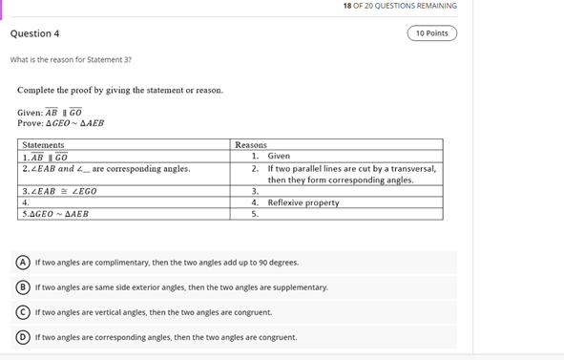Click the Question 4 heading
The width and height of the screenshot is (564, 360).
(x=34, y=33)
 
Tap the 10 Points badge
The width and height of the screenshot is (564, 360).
(x=431, y=33)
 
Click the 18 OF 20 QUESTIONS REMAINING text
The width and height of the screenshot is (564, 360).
(x=400, y=6)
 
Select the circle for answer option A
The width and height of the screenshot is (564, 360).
(x=22, y=262)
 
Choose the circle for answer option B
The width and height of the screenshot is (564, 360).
(x=22, y=286)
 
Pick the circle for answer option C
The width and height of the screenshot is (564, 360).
(x=22, y=312)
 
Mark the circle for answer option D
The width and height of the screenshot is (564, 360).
(x=22, y=337)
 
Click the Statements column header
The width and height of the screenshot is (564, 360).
(x=43, y=144)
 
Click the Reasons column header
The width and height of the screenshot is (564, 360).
(x=251, y=144)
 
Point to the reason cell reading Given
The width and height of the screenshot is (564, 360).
(x=279, y=156)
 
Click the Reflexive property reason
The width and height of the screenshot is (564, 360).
(x=303, y=202)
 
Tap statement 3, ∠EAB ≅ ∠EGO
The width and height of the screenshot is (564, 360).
(x=59, y=191)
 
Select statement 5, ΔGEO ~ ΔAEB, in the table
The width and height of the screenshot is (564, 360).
(x=55, y=214)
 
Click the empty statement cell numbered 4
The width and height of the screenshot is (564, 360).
(x=124, y=202)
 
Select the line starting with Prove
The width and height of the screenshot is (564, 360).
(x=60, y=123)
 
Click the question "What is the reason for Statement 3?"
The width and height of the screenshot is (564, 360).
(x=71, y=60)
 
